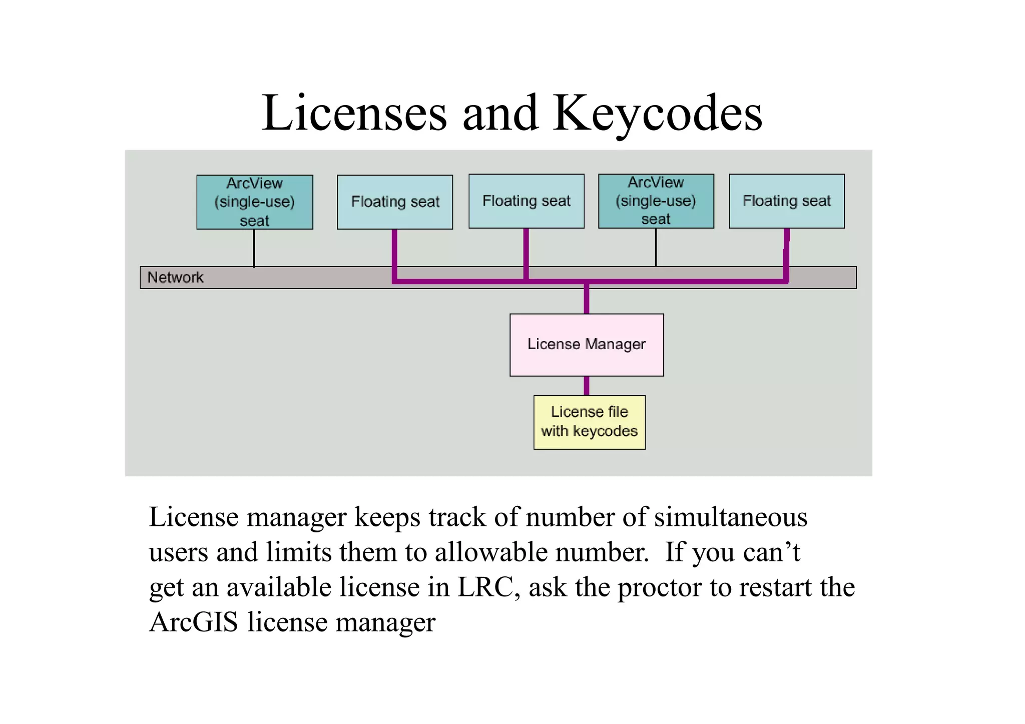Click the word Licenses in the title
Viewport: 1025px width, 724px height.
point(354,114)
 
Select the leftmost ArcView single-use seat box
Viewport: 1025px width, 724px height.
point(254,202)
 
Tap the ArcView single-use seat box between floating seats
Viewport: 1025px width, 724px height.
point(656,201)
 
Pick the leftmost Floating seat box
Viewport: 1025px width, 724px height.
point(395,202)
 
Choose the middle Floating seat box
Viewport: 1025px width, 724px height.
point(526,201)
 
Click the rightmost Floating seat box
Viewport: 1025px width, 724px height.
point(786,201)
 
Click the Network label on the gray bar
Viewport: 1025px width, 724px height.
point(175,277)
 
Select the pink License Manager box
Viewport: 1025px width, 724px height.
point(587,345)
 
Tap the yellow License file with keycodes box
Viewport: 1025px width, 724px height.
point(589,422)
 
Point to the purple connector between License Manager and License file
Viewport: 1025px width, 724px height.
point(587,385)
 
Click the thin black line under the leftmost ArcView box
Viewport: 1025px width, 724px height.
point(254,248)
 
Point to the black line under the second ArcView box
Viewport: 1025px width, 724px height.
point(656,247)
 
